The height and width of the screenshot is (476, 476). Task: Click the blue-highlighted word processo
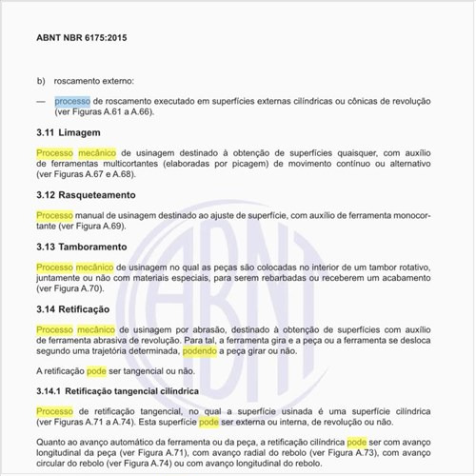pos(72,100)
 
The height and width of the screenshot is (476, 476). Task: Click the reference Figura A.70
pos(80,288)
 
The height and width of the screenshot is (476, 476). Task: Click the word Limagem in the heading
pos(91,131)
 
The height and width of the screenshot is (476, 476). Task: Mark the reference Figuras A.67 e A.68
pos(99,174)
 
